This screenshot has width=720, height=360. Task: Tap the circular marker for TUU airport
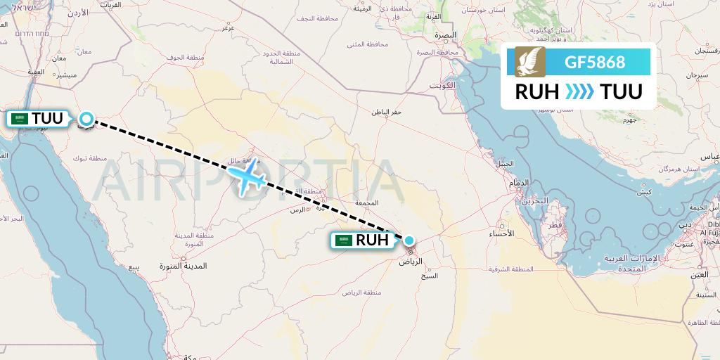[86, 120]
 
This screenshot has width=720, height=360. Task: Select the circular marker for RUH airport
[409, 240]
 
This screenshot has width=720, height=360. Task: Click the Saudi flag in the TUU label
[20, 119]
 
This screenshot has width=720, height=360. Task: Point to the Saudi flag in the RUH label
[344, 240]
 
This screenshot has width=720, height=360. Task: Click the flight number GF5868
[594, 62]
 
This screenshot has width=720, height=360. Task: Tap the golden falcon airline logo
[529, 62]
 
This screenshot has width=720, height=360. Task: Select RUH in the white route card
[537, 91]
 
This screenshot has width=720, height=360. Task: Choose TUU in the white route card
[621, 91]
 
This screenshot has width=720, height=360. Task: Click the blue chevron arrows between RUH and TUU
[579, 91]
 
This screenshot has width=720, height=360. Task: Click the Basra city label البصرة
[445, 34]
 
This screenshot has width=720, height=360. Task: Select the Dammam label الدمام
[520, 183]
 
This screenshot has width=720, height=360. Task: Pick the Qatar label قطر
[555, 226]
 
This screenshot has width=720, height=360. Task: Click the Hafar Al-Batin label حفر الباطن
[387, 112]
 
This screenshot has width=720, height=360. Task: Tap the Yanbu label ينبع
[134, 268]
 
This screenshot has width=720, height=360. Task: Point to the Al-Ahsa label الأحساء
[501, 233]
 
